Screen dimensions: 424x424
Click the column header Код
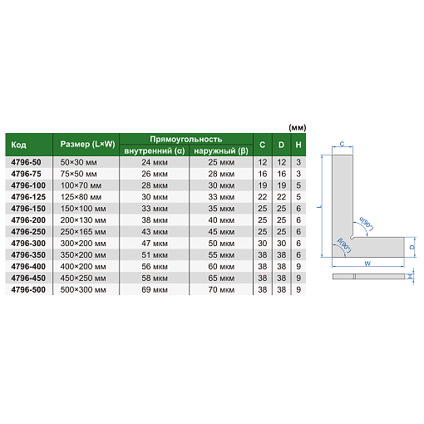(18, 145)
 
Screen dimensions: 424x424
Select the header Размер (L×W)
(87, 144)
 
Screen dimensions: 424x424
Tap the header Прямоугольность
(186, 139)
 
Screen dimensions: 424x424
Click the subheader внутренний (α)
(155, 151)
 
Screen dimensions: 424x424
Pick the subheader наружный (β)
(221, 151)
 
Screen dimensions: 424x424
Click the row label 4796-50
(26, 162)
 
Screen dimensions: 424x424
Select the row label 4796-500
(28, 289)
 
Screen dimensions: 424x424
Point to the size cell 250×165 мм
(83, 232)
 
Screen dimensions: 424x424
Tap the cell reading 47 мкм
(155, 244)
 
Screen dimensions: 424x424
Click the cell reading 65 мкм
(221, 278)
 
